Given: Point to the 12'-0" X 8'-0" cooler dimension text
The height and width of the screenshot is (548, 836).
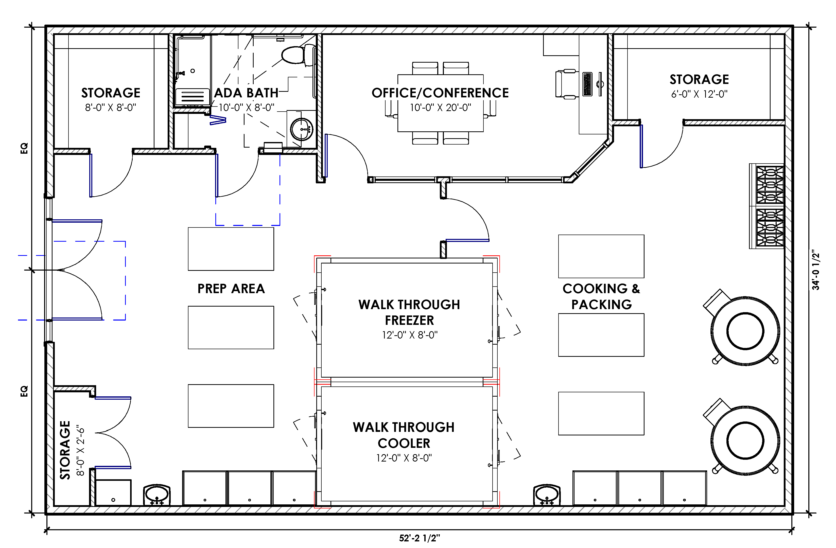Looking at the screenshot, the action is (x=404, y=458).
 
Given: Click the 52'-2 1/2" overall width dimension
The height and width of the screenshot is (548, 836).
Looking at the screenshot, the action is (x=420, y=538).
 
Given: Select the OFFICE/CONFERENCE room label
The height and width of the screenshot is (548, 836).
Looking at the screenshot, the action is (x=440, y=93).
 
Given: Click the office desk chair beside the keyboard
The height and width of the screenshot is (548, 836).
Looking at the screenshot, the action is (x=566, y=84).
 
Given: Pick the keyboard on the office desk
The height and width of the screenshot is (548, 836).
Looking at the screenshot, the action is (x=587, y=84).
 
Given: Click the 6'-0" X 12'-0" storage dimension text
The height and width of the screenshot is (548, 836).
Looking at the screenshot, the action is (x=699, y=94).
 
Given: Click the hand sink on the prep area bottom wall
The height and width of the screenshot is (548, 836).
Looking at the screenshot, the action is (x=157, y=495).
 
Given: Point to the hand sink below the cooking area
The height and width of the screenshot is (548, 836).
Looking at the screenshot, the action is (x=547, y=495).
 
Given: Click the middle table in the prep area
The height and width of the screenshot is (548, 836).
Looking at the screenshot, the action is (x=231, y=327).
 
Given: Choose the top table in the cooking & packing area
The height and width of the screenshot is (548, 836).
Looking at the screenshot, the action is (x=601, y=256).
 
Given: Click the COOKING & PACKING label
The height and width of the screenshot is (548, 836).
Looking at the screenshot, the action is (x=601, y=296).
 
